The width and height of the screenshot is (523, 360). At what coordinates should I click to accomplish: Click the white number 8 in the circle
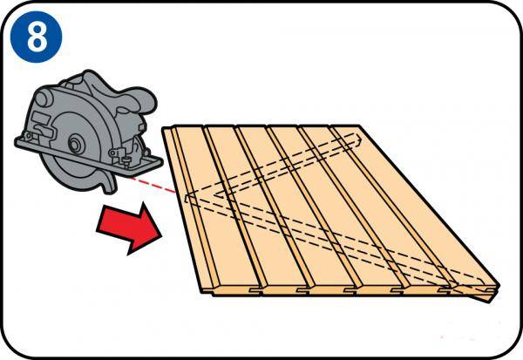tap(37, 37)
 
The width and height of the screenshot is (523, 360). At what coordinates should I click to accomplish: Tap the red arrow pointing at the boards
tap(129, 228)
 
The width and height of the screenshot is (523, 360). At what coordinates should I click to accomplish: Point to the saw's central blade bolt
tap(74, 144)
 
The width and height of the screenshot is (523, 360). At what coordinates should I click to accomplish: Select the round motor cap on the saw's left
tap(43, 99)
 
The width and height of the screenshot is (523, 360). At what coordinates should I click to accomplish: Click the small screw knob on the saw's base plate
tap(126, 162)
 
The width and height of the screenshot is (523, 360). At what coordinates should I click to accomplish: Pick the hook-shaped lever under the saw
tap(107, 182)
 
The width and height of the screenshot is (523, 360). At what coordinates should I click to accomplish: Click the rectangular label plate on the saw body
tap(40, 119)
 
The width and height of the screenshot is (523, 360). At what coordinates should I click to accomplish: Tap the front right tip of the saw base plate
tap(162, 162)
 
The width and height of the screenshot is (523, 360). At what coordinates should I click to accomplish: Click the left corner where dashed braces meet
tap(187, 198)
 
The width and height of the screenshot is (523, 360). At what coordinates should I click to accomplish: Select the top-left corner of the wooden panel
tap(164, 128)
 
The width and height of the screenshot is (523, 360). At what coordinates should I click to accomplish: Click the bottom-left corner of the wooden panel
tap(202, 293)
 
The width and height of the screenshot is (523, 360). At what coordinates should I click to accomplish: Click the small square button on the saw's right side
tap(141, 126)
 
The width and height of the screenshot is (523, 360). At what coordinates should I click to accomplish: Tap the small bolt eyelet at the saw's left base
tap(28, 135)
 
